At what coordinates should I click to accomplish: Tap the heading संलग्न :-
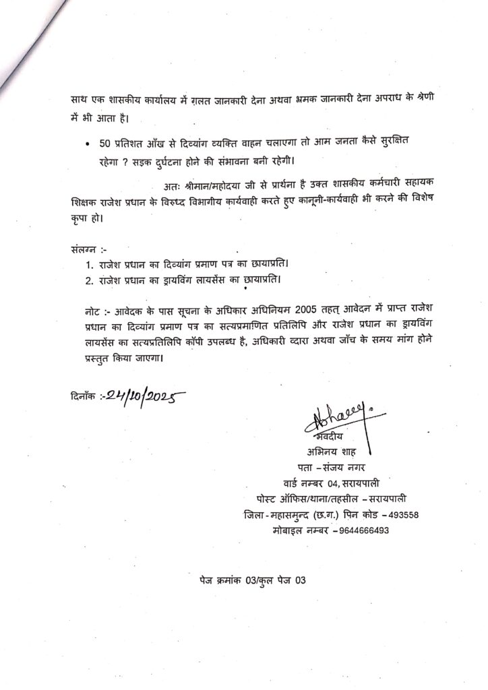coord(88,248)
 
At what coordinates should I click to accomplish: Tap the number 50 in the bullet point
coord(96,146)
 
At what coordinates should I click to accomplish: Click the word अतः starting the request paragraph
coord(173,186)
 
